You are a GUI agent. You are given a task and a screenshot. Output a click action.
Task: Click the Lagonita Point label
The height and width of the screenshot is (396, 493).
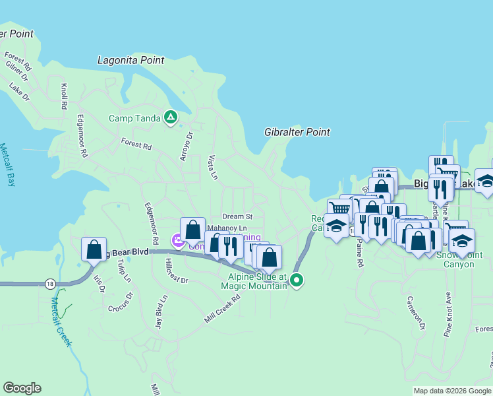[130, 60]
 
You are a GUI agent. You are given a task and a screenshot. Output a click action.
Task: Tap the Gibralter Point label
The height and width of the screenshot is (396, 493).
[297, 132]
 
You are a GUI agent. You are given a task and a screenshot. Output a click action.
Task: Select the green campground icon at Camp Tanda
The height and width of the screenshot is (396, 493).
[171, 118]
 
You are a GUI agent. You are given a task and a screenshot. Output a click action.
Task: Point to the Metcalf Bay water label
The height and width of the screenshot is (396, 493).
[7, 165]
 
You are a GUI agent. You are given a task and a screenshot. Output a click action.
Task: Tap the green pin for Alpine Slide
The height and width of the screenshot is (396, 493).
[297, 280]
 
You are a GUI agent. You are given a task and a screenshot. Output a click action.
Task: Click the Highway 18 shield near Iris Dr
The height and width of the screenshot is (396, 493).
[51, 283]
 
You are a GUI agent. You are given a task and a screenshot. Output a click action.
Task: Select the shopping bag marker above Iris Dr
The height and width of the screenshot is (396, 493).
[94, 249]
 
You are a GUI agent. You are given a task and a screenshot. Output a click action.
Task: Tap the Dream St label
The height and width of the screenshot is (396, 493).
[237, 216]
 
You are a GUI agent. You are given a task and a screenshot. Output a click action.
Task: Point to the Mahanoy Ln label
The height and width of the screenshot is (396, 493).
[226, 228]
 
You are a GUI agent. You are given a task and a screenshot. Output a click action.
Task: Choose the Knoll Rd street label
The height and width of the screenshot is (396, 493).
[64, 96]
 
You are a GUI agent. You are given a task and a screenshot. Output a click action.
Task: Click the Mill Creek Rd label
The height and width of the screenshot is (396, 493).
[222, 308]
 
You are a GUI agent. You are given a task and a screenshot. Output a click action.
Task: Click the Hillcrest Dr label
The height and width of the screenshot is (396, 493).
[175, 271]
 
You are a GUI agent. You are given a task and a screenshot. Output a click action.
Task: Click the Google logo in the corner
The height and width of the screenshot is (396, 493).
[22, 388]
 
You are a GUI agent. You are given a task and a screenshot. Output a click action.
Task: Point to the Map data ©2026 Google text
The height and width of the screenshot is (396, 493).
[452, 391]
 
